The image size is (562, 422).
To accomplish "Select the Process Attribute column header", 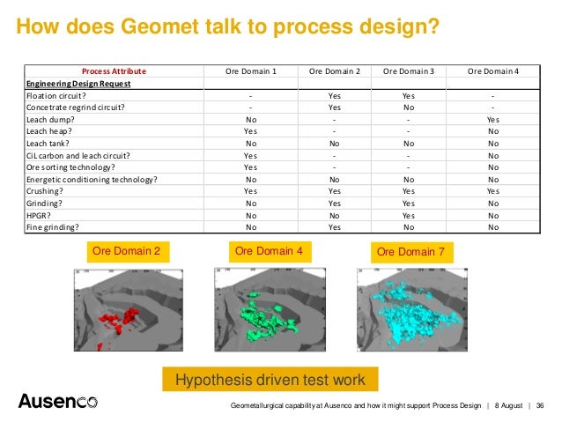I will point(114,70).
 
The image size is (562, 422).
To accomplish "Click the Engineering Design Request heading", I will point(78,83).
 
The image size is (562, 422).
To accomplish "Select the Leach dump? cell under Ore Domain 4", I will point(492,119).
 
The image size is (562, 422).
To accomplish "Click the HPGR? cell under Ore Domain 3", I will point(408,214).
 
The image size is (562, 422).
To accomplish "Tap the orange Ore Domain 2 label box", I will point(126,252).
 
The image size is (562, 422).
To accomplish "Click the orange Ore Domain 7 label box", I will point(410,252).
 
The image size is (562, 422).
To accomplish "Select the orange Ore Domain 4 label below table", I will point(269,252).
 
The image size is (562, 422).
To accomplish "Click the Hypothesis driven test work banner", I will point(270,380).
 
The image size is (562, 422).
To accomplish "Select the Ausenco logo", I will point(57,402).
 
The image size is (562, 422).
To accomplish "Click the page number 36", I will point(539,405).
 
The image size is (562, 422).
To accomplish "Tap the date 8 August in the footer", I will point(508,405).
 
